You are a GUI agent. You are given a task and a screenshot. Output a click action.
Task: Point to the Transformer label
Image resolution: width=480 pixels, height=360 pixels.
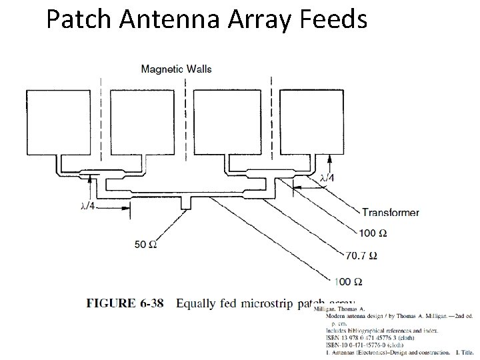(391, 213)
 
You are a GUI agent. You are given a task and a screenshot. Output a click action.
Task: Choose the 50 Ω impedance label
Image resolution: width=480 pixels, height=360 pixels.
(145, 245)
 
